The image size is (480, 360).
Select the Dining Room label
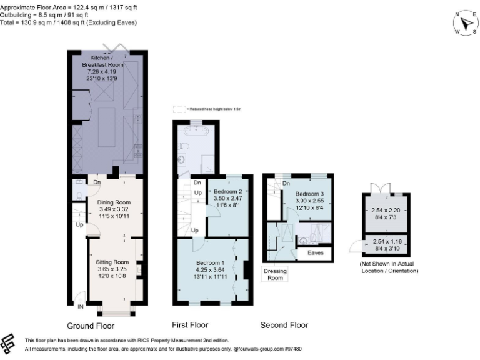pos(112,202)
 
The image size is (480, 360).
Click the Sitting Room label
pos(112,262)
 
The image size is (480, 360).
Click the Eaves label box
pos(315,253)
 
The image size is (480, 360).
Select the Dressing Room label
pos(275,274)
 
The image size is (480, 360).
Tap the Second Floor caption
pos(284,326)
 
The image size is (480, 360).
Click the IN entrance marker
pos(80,307)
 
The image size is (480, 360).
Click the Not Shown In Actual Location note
pos(387,267)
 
